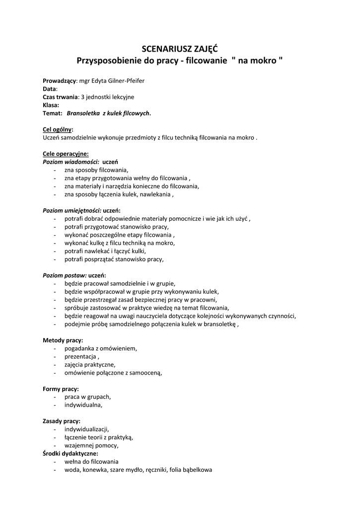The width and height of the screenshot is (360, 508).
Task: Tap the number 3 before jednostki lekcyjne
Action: click(x=82, y=97)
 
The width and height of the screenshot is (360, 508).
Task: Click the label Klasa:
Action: click(x=51, y=105)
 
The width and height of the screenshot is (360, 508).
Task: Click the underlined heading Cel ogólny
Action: click(x=57, y=129)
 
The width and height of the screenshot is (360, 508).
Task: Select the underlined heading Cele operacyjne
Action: click(x=66, y=153)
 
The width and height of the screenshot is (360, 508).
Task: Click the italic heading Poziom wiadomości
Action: click(x=71, y=162)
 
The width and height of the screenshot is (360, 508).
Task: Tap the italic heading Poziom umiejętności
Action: click(x=72, y=210)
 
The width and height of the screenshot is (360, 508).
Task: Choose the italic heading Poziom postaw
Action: click(x=65, y=275)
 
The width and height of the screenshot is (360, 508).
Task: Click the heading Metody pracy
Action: click(x=63, y=340)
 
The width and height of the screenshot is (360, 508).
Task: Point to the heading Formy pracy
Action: click(x=61, y=388)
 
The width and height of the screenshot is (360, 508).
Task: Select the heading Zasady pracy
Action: click(x=61, y=421)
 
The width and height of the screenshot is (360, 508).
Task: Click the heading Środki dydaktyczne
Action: click(x=70, y=453)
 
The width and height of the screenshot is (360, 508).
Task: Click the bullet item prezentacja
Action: click(x=81, y=356)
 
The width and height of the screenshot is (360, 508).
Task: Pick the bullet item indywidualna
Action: click(x=83, y=405)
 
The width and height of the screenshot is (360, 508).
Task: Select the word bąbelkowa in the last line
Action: click(x=198, y=469)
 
